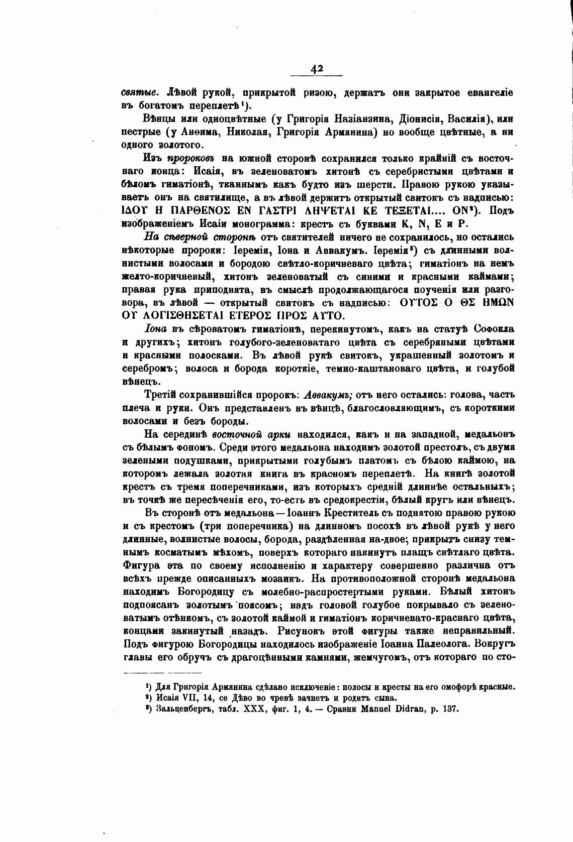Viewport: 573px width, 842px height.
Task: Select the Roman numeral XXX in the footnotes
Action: tap(252, 710)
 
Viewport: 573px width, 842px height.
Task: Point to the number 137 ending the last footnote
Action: tap(452, 710)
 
